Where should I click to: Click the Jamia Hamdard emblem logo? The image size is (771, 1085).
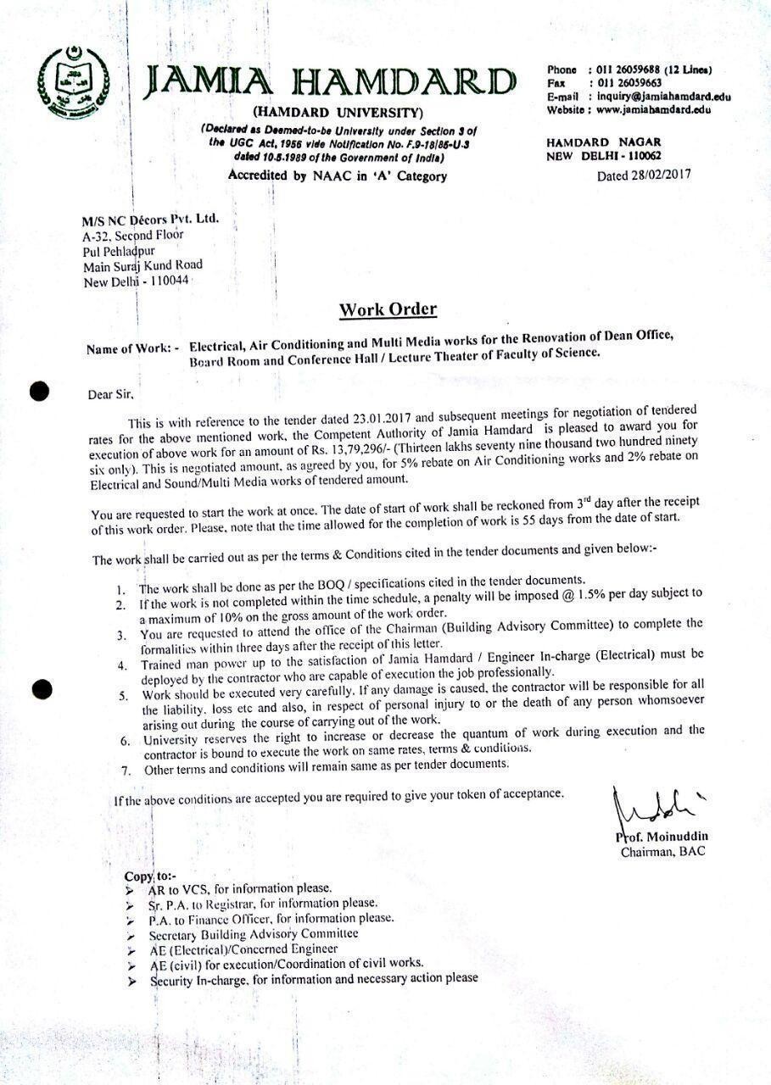click(x=74, y=82)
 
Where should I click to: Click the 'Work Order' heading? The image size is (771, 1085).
click(x=388, y=309)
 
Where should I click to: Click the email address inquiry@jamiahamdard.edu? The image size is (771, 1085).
click(x=664, y=97)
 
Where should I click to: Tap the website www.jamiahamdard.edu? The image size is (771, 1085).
click(x=653, y=109)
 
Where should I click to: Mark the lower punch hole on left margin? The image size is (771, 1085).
click(x=41, y=688)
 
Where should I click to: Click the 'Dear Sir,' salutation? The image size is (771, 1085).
click(x=111, y=394)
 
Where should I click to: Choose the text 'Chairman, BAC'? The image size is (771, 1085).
click(x=662, y=851)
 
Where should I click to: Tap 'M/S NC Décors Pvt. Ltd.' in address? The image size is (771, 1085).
click(x=151, y=220)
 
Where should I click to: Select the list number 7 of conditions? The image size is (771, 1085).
click(x=125, y=770)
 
